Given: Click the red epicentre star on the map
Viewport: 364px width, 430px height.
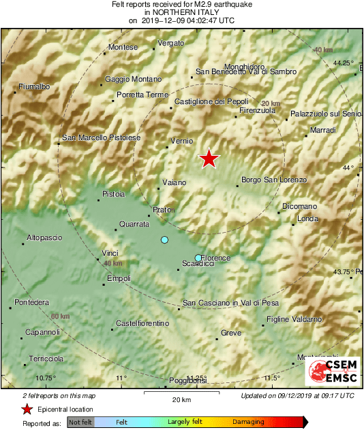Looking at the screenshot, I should (209, 159).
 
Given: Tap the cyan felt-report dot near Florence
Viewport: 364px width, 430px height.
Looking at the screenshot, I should (198, 258).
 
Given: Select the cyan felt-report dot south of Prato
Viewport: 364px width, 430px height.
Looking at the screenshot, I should (164, 240).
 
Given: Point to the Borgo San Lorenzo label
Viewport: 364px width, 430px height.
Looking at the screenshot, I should (275, 180).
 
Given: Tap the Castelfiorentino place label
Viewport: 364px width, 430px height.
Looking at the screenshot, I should (143, 323).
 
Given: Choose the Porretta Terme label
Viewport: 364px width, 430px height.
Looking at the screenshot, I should (142, 95).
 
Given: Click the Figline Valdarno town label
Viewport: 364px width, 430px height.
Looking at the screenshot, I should (294, 319).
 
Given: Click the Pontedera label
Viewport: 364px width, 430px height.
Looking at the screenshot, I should (31, 302).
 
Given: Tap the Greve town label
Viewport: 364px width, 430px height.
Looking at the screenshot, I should (230, 333).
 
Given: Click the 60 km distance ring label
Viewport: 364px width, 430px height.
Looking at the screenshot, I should (60, 317).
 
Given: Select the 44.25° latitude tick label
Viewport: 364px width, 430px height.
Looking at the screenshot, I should (343, 63).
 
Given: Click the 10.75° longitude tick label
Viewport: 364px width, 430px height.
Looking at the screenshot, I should (45, 378).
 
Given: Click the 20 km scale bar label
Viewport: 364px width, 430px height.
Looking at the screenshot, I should (181, 399).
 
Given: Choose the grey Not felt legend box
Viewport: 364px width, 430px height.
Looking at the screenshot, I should (80, 423).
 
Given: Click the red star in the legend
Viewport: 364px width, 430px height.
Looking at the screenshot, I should (27, 410).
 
